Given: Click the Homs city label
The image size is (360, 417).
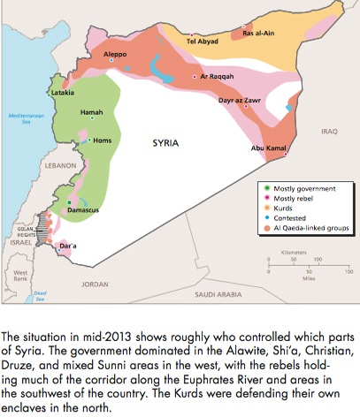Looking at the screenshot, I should [103, 140].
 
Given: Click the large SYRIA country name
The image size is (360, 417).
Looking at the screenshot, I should [166, 142].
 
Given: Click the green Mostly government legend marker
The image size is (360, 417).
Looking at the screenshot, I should [267, 188].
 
